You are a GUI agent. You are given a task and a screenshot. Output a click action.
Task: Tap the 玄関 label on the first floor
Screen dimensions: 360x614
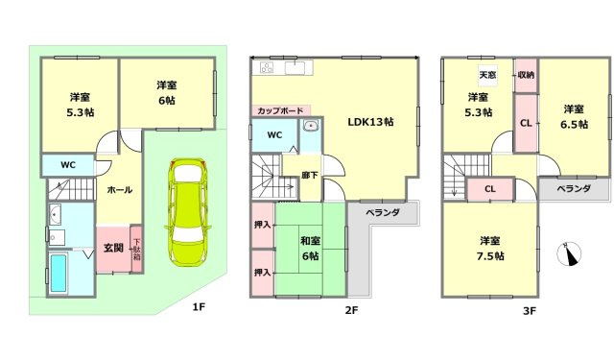(x=113, y=248)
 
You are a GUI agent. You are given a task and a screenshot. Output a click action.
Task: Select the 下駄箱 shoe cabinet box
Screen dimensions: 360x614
(x=136, y=251)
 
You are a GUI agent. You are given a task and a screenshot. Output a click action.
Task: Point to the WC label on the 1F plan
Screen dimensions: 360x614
(x=68, y=165)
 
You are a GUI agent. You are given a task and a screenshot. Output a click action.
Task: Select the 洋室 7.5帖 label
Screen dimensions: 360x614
(x=489, y=247)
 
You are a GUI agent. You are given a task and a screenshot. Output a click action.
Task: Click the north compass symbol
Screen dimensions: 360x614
(x=571, y=253)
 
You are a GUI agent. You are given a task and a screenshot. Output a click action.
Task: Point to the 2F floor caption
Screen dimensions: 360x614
(x=352, y=310)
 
